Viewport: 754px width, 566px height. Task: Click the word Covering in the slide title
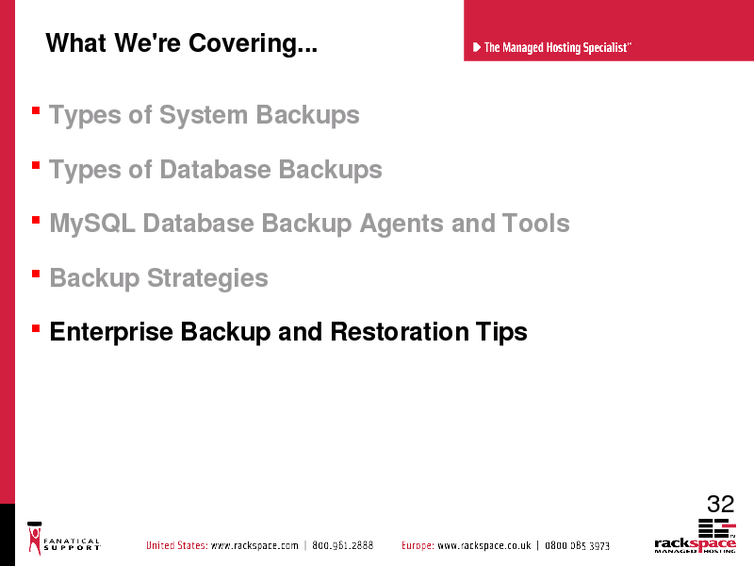(x=253, y=43)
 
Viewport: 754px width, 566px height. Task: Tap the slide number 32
(x=720, y=505)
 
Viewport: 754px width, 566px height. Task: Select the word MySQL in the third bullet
(x=92, y=225)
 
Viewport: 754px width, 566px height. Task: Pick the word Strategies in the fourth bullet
(x=207, y=278)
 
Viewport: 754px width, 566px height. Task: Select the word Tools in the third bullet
(x=535, y=224)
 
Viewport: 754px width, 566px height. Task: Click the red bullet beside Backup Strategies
(x=36, y=275)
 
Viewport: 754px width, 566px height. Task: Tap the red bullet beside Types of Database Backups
(x=36, y=166)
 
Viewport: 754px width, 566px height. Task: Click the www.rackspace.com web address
(x=254, y=546)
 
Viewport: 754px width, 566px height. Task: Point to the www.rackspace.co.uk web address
(x=484, y=546)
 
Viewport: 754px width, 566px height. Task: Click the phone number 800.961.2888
(x=342, y=545)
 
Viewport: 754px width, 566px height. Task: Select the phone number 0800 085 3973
(x=577, y=546)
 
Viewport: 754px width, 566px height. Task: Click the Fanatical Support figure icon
(x=35, y=539)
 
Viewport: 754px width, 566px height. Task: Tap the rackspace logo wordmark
(x=695, y=544)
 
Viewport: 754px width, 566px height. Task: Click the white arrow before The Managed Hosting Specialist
(x=477, y=47)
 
